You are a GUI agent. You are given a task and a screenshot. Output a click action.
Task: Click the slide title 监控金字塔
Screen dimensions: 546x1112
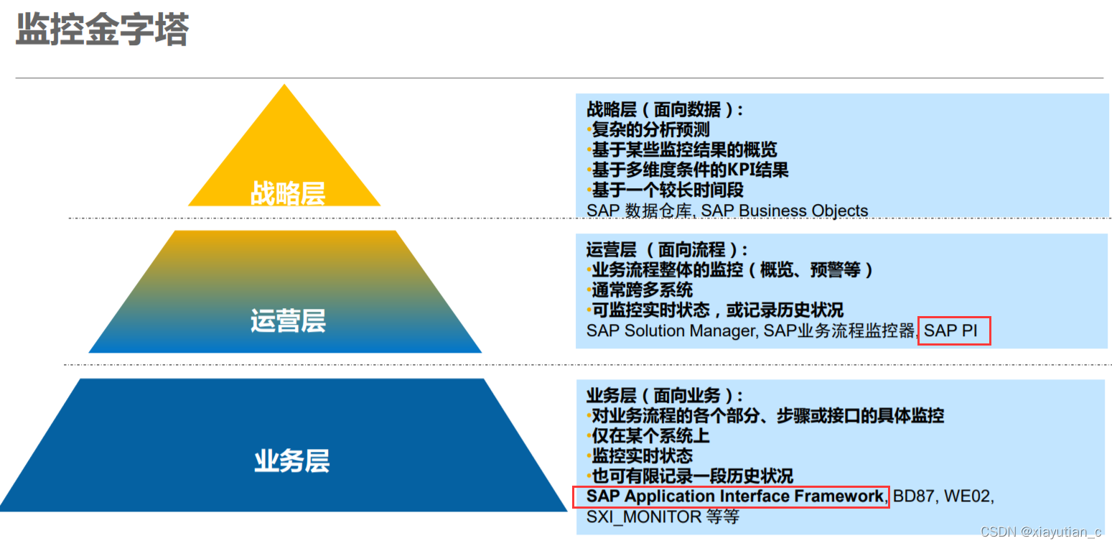coord(102,30)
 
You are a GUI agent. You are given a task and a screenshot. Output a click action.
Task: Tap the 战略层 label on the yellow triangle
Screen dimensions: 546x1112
coord(288,193)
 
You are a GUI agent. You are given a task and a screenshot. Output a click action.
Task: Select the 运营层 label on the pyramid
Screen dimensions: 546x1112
coord(288,320)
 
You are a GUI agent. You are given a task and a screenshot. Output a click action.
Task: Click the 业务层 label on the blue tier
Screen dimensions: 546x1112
coord(291,461)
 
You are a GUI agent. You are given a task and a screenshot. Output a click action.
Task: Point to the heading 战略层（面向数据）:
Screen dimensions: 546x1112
coord(665,110)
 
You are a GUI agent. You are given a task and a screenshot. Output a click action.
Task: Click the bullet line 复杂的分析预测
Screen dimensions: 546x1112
coord(650,130)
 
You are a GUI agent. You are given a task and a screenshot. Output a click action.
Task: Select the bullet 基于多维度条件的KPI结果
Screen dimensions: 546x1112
coord(690,170)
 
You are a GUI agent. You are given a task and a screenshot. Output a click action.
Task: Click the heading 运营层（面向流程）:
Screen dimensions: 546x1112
coord(667,250)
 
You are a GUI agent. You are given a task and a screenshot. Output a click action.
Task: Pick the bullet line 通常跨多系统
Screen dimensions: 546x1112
coord(642,290)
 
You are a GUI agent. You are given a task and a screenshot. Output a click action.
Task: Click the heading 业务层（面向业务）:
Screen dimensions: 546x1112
coord(665,395)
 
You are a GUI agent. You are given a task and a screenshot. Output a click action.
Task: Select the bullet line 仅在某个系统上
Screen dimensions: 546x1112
coord(650,435)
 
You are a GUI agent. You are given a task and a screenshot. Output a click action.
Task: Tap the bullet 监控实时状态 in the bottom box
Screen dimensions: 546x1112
coord(642,455)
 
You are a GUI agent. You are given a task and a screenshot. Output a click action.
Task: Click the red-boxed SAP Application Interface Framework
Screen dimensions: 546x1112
coord(734,496)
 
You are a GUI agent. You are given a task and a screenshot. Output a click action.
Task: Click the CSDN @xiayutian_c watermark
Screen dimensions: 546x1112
coord(1040,532)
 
